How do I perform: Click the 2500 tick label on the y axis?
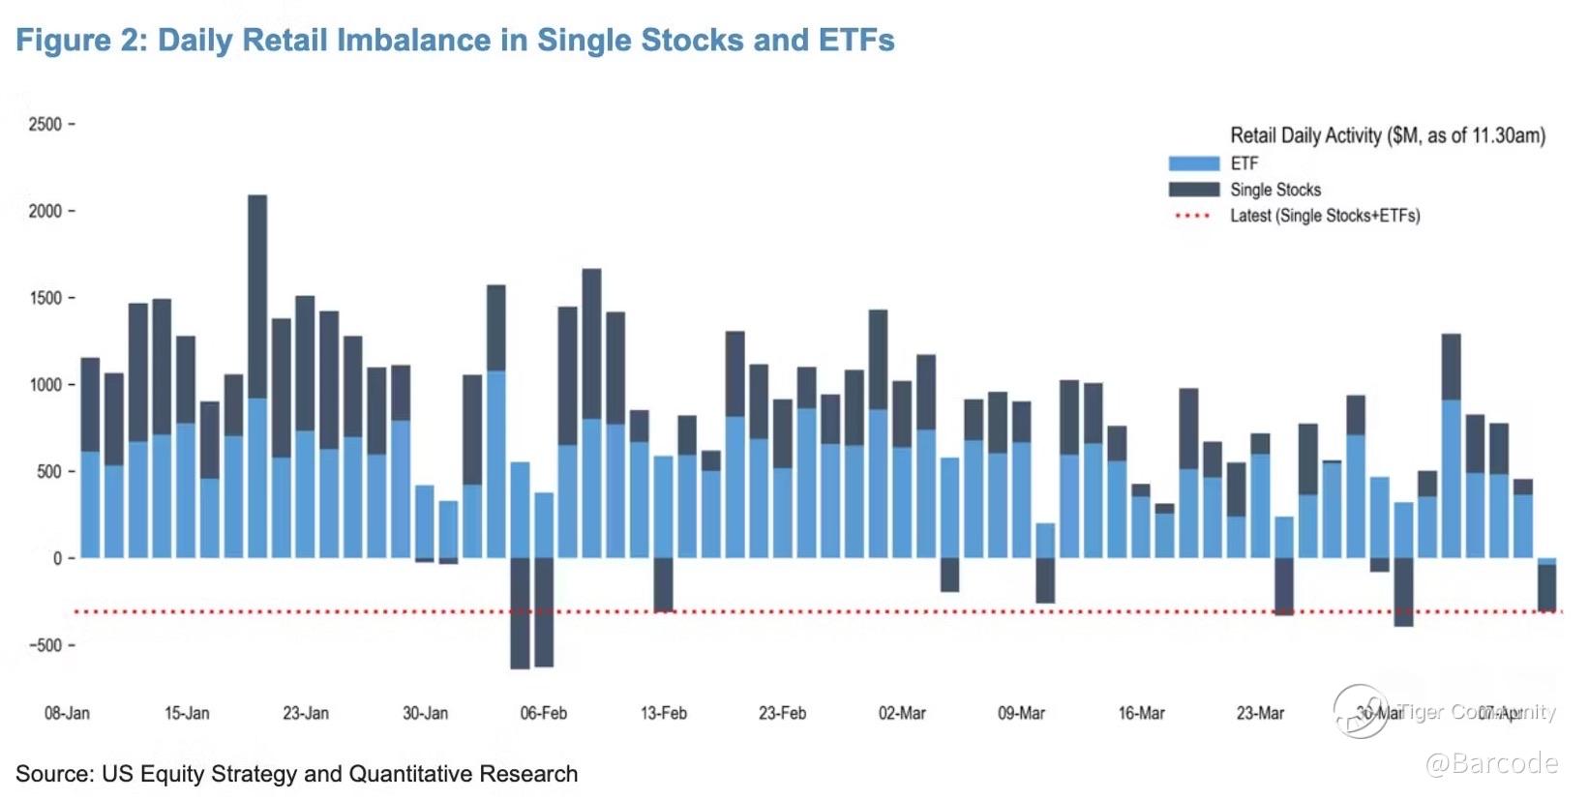coord(45,124)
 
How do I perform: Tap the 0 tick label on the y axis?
coord(57,558)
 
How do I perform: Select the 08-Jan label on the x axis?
coord(67,713)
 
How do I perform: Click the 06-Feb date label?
coord(544,713)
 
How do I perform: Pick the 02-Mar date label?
coord(902,713)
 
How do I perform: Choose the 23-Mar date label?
coord(1260,713)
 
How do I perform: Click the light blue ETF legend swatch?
coord(1193,163)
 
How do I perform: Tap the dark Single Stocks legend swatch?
coord(1193,190)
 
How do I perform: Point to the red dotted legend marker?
coord(1193,216)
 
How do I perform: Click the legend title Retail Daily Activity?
coord(1387,135)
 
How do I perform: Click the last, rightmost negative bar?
coord(1546,587)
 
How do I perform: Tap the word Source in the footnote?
coord(52,774)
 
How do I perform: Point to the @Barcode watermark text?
coord(1491,763)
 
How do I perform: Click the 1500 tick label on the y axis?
coord(45,298)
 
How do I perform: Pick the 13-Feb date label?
coord(664,713)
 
